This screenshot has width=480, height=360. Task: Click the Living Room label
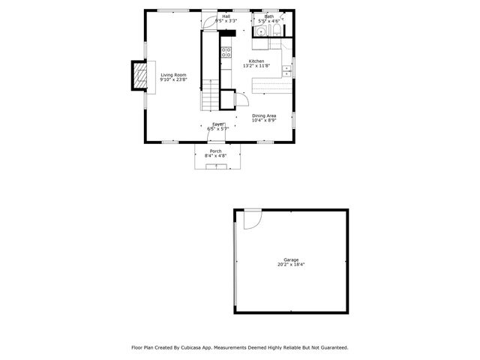pos(173,75)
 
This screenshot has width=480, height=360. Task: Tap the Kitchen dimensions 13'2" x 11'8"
pos(257,66)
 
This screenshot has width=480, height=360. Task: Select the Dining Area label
pos(264,115)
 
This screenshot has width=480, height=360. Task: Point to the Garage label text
pos(291,259)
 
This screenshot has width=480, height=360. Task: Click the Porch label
pos(215,151)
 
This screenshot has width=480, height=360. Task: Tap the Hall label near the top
pos(226,16)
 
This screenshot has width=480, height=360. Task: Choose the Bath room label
pos(269,16)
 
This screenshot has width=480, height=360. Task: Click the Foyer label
pos(218,124)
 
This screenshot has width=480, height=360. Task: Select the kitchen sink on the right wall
pos(287,70)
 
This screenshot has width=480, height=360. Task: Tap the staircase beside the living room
pos(211,97)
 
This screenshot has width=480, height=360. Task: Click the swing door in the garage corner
pos(250,219)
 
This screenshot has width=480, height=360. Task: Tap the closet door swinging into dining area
pos(244,97)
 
